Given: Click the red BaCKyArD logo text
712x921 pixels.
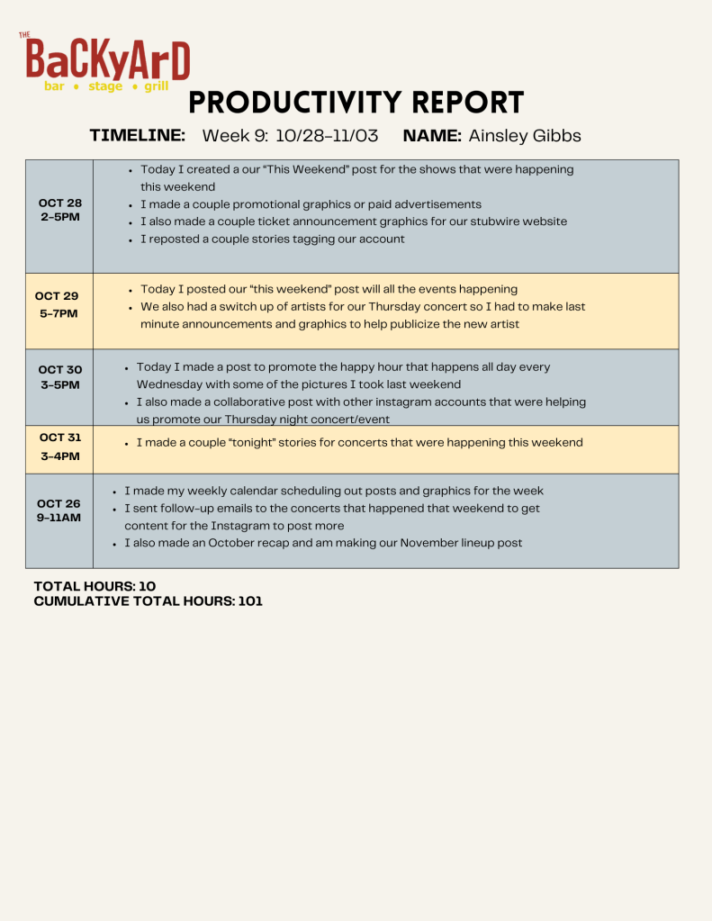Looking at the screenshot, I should (108, 59).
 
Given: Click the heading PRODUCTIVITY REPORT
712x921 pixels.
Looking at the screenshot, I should (356, 103).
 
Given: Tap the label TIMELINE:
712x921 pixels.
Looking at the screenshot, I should (138, 135).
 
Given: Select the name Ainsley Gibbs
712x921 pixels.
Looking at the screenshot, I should (525, 136).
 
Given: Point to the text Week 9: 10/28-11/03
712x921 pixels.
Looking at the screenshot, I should (290, 136).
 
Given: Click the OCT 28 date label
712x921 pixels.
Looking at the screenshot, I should (59, 203).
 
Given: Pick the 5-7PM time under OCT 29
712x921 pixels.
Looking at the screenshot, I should (58, 313).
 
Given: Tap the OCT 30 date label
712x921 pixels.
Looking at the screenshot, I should (59, 369).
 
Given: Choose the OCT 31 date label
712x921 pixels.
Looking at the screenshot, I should (59, 438).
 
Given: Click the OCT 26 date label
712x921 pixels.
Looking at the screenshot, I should (59, 503).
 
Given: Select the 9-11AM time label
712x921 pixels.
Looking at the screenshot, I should (59, 519).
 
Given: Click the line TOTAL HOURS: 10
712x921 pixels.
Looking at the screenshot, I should (95, 586).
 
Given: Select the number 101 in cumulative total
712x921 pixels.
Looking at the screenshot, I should (250, 600).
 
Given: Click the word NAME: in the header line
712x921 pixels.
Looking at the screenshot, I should (432, 136).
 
